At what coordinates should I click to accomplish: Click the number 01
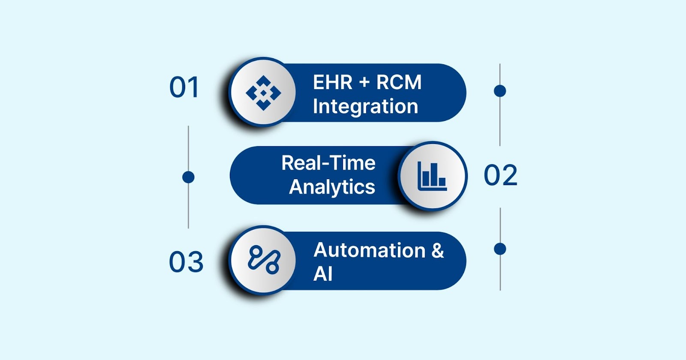(x=184, y=87)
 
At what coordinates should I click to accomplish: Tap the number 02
(x=500, y=175)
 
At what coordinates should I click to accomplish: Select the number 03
(x=186, y=262)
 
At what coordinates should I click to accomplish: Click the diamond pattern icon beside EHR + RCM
(x=263, y=93)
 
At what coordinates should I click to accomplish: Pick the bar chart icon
(x=432, y=176)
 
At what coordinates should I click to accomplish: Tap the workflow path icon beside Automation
(x=264, y=260)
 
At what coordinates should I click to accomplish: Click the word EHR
(x=332, y=82)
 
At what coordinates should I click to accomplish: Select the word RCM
(x=399, y=82)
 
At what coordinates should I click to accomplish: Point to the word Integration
(x=365, y=106)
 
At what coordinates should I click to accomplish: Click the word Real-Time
(x=328, y=163)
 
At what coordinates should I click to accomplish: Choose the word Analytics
(x=332, y=187)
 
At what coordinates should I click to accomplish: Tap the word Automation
(x=370, y=250)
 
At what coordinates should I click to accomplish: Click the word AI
(x=323, y=274)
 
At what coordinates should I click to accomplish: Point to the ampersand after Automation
(x=438, y=250)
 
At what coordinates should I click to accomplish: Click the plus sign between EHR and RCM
(x=364, y=82)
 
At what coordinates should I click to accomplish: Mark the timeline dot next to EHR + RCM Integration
(x=500, y=91)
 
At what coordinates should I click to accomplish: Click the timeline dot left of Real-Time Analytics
(x=188, y=177)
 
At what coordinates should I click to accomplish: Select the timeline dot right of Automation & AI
(x=500, y=249)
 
